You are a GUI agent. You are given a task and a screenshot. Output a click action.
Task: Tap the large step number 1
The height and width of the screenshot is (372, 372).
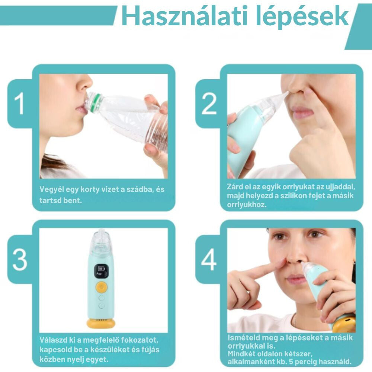click(x=19, y=103)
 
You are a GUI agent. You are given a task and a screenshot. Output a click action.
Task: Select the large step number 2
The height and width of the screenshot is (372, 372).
click(x=209, y=103)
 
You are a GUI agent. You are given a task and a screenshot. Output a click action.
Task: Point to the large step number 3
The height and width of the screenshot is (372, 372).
click(x=20, y=259)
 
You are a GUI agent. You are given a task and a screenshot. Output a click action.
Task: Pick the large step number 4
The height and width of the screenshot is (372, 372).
click(x=209, y=259)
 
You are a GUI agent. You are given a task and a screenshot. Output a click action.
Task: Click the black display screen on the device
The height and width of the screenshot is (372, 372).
click(x=102, y=271)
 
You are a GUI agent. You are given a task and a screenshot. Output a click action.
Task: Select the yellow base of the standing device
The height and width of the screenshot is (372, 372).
click(x=101, y=323)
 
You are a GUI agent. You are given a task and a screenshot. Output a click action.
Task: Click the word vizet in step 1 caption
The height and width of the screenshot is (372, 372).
click(x=110, y=189)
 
